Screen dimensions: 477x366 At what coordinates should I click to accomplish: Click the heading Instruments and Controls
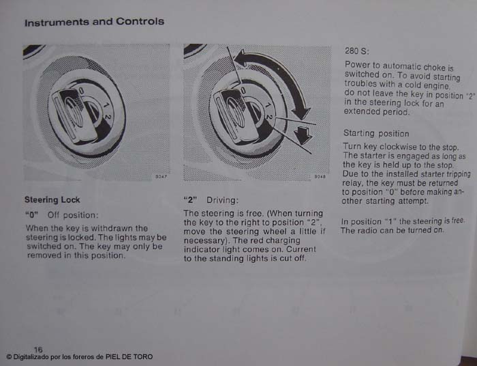click(x=94, y=22)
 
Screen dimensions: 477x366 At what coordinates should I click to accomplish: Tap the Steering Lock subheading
click(x=52, y=200)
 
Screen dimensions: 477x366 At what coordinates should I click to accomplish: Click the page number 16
click(x=38, y=349)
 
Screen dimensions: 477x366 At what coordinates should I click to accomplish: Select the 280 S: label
click(x=357, y=51)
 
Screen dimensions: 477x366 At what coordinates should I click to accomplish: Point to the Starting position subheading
click(x=376, y=133)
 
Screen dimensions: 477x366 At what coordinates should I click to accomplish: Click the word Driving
click(x=222, y=200)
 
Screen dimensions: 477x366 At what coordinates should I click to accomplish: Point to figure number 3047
click(x=161, y=177)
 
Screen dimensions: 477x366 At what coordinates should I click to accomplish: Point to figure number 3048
click(x=320, y=177)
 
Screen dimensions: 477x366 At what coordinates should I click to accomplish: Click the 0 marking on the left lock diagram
click(x=81, y=91)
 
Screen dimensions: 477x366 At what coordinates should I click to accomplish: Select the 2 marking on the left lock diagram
click(x=108, y=116)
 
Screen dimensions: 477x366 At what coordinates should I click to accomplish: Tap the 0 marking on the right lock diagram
click(x=243, y=90)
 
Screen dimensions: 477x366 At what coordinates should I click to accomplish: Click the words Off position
click(x=73, y=215)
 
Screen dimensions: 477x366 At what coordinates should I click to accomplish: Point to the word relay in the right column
click(x=352, y=183)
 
